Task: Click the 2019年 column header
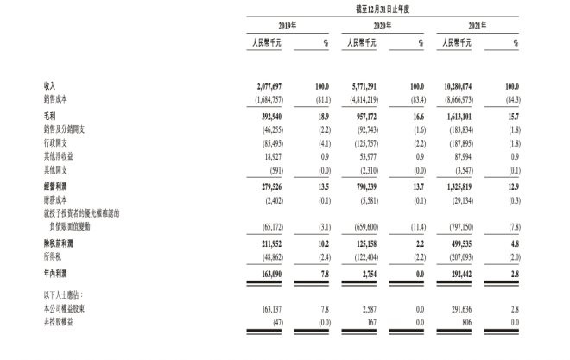tap(288, 26)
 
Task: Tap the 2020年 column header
tap(383, 26)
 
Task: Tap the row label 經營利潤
tap(57, 185)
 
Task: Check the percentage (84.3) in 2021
tap(513, 98)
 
